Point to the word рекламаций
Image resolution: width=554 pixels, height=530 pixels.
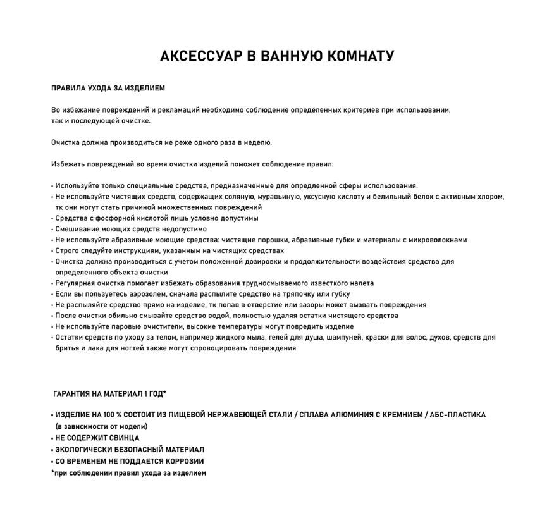pos(180,110)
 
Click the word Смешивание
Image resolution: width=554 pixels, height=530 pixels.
pos(77,229)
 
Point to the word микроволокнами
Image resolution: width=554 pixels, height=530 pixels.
pos(436,240)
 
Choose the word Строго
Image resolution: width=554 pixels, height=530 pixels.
pos(66,250)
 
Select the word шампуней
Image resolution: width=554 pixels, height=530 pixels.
pos(345,338)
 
